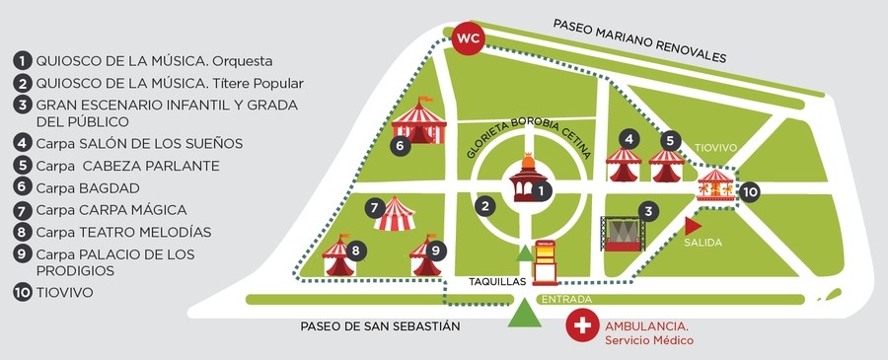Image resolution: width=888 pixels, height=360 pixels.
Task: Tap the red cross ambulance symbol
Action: (x=583, y=324)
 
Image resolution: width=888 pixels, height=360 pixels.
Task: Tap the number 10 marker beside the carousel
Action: (x=749, y=191)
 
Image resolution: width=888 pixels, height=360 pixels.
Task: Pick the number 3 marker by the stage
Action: (x=647, y=210)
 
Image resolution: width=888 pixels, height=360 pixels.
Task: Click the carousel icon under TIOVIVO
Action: (x=714, y=184)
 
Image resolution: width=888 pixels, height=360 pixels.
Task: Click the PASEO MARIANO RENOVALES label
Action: (x=638, y=40)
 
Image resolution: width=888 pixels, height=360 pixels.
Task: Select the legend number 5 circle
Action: (x=22, y=166)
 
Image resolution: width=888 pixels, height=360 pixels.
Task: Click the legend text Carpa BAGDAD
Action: (x=88, y=187)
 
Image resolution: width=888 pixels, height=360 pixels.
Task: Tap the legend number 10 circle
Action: (x=22, y=293)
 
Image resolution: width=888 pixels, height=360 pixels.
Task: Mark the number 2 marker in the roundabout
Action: (x=483, y=206)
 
